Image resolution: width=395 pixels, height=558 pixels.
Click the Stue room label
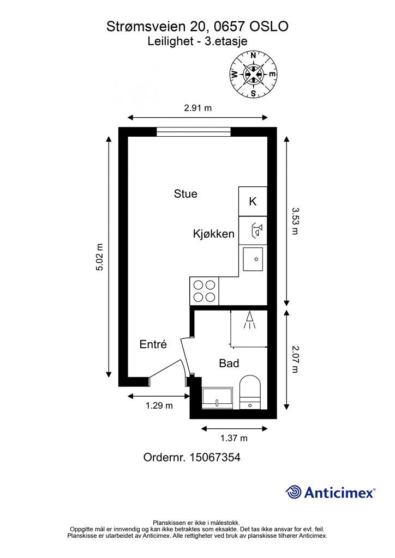click(x=185, y=194)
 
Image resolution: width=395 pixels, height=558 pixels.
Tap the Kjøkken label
click(x=214, y=234)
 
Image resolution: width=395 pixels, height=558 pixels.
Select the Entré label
click(x=153, y=344)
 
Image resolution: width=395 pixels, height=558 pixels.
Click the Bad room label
click(x=229, y=363)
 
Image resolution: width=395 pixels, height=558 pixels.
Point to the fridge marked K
click(x=253, y=202)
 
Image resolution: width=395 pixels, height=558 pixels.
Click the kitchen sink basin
click(x=253, y=259)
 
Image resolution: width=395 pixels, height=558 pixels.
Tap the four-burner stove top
click(x=205, y=291)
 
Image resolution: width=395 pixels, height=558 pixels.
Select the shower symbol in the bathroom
click(x=250, y=319)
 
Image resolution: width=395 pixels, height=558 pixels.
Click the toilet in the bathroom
click(x=250, y=392)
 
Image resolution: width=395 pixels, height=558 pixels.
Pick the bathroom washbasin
click(x=217, y=398)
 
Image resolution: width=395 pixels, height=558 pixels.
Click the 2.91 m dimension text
click(x=197, y=108)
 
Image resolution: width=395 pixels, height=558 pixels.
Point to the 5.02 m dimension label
click(x=99, y=257)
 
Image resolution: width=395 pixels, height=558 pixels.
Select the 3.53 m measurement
click(x=295, y=221)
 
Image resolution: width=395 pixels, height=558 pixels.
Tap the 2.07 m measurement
click(x=295, y=360)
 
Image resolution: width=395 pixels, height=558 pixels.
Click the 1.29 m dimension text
click(x=159, y=405)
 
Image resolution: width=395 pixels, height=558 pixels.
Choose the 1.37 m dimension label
click(x=234, y=438)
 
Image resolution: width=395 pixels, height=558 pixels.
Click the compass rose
click(x=253, y=74)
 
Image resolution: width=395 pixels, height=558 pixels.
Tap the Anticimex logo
click(x=330, y=493)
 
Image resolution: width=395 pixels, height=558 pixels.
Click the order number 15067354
click(x=216, y=457)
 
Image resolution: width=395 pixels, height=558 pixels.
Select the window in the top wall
click(x=194, y=132)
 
